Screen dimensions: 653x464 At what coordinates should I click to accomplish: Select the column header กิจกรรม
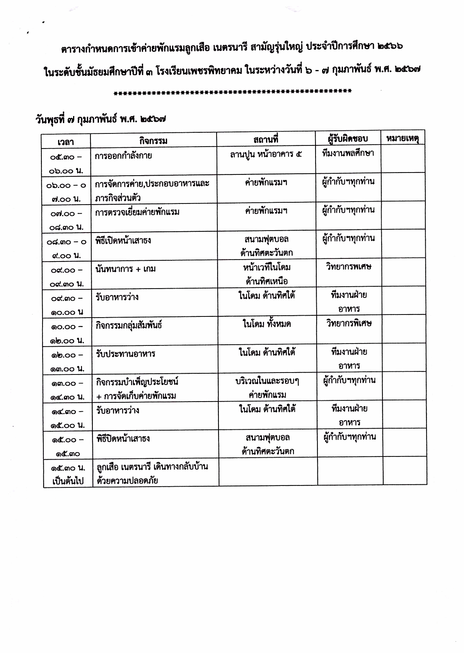tap(153, 140)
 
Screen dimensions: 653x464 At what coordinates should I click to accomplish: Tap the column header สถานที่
tap(266, 139)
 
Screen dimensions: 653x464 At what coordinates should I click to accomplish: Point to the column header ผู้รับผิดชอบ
tap(348, 138)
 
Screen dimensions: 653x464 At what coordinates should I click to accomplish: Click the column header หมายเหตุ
tap(403, 138)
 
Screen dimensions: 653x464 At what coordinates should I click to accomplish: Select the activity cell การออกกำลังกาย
tap(123, 156)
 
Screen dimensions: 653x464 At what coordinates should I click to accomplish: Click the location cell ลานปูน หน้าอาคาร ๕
tap(266, 154)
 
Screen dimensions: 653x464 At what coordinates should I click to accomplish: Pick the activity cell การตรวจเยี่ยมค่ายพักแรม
tap(137, 212)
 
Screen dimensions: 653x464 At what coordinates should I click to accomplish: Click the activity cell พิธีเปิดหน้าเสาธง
tap(123, 241)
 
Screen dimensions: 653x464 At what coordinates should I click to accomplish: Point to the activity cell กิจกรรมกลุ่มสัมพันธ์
tap(129, 325)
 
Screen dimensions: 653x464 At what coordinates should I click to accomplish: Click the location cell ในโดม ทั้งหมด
tap(267, 324)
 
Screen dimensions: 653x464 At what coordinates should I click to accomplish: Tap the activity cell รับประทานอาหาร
tap(126, 354)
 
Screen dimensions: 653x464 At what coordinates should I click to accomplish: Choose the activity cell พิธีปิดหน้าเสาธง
tap(123, 439)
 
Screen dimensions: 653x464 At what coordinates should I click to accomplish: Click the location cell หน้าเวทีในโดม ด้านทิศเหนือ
tap(267, 274)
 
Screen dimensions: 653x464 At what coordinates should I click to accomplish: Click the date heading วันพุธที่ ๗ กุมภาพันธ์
tap(102, 119)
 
